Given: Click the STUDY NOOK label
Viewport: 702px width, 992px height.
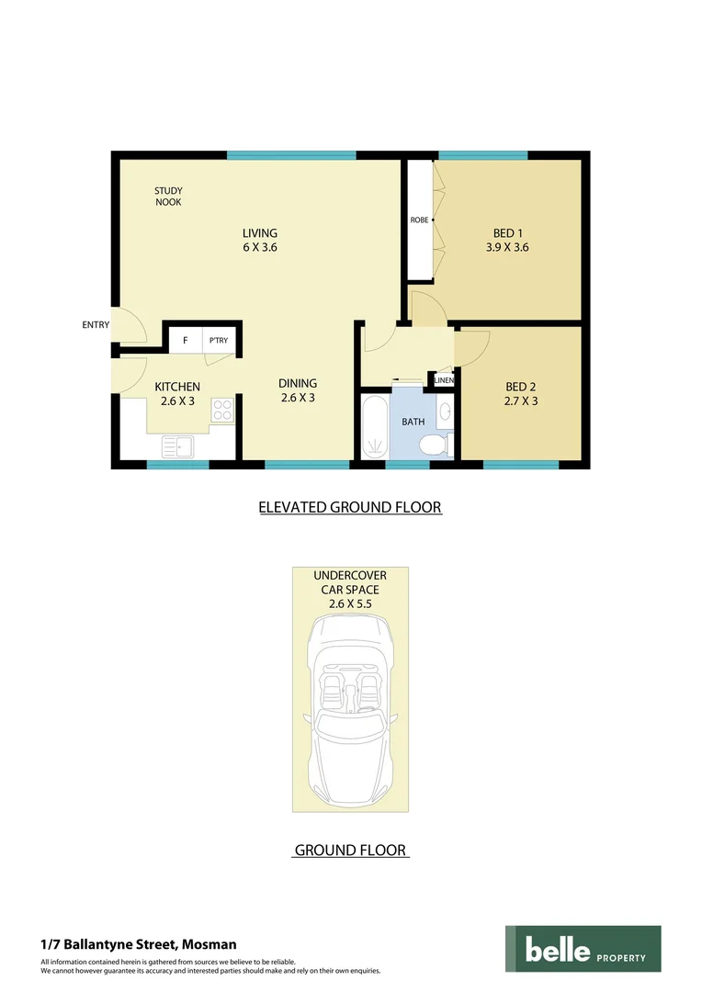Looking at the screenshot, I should click(168, 197).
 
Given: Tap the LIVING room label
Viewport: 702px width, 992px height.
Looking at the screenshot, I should click(259, 233).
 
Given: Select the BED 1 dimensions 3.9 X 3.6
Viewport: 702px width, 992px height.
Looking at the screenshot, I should click(507, 247).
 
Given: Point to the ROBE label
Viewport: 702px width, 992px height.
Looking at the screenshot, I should click(419, 220).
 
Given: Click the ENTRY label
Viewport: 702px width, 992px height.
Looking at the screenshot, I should click(96, 324).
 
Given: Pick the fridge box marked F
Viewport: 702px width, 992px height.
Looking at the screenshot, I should click(186, 341).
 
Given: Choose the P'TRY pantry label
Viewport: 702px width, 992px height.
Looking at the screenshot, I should click(219, 341).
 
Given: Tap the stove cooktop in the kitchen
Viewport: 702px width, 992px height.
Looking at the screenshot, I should click(222, 410).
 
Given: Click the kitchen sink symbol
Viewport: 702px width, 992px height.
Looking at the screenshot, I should click(177, 446).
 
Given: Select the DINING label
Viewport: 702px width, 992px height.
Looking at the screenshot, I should click(298, 383).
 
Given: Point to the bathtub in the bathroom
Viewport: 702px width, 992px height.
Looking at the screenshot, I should click(375, 427).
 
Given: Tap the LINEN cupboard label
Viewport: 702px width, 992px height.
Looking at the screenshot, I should click(444, 380).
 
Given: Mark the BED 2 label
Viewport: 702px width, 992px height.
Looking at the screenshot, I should click(521, 387).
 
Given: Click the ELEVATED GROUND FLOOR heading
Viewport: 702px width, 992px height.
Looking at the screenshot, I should click(350, 507).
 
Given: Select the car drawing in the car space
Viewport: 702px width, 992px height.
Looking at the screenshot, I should click(350, 707).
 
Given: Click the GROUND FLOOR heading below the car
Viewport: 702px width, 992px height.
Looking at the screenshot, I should click(350, 851).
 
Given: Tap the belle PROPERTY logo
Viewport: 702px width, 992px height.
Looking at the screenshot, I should click(583, 949).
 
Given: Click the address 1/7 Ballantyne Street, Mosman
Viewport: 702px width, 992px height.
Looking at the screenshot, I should click(139, 944).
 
